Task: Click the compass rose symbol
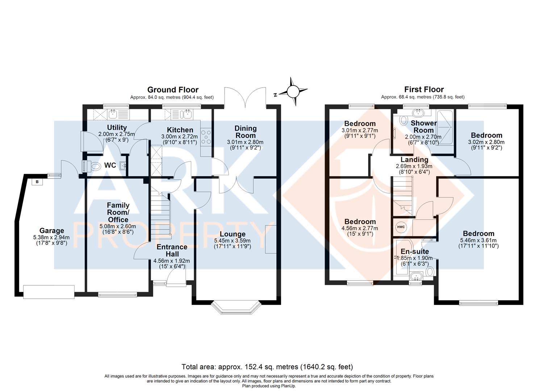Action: point(294,91)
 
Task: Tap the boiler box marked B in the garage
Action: point(37,182)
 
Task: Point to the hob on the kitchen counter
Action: point(207,138)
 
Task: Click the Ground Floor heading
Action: point(173,89)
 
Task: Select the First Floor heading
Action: point(424,89)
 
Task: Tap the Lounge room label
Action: point(232,234)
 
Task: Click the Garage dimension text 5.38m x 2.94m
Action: point(51,237)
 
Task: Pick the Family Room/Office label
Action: point(118,213)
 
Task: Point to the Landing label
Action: point(414,160)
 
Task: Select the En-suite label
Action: point(414,251)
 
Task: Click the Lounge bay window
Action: point(237,307)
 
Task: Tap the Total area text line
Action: point(267,367)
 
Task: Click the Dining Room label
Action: point(245,132)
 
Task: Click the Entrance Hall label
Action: point(172,250)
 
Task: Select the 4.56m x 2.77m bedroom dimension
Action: point(360,228)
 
